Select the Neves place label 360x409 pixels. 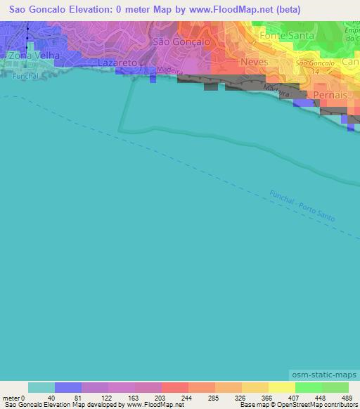coord(254,63)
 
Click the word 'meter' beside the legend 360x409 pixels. coord(10,397)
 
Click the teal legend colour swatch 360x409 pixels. coord(41,387)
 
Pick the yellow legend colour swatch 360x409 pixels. coord(281,387)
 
